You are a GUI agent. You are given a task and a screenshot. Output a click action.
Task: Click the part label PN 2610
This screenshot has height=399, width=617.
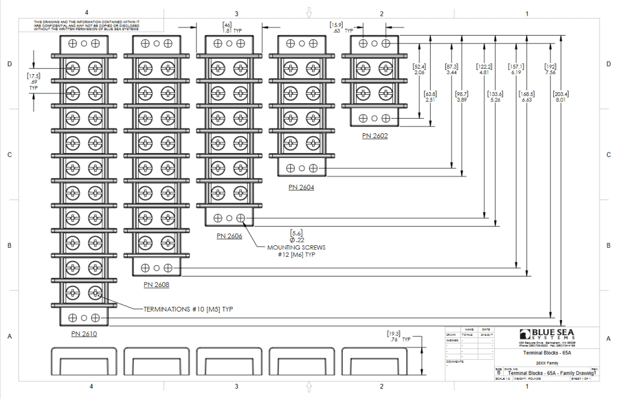(x=84, y=333)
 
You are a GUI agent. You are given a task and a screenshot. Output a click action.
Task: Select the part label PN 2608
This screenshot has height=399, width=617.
(x=157, y=284)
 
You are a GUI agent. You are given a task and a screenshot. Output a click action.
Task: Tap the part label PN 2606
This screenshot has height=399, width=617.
(x=230, y=236)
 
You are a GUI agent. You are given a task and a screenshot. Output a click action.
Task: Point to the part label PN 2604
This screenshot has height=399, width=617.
(x=301, y=187)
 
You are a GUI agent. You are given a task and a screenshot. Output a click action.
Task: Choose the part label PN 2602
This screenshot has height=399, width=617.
(x=375, y=136)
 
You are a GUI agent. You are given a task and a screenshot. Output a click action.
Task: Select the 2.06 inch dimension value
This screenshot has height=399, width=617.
(x=419, y=72)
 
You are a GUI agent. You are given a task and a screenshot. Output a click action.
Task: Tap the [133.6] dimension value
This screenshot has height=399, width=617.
(x=495, y=94)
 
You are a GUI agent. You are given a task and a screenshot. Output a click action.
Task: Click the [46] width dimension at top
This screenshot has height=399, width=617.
(x=227, y=24)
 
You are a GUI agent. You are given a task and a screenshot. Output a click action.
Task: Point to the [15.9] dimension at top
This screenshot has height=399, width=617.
(x=336, y=24)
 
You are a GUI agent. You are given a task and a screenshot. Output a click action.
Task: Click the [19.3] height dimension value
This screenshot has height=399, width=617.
(x=393, y=333)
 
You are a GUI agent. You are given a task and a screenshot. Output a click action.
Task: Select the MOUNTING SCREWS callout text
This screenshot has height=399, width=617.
(x=297, y=248)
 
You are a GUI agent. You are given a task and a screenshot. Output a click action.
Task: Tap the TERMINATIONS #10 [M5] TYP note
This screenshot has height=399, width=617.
(x=188, y=309)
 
